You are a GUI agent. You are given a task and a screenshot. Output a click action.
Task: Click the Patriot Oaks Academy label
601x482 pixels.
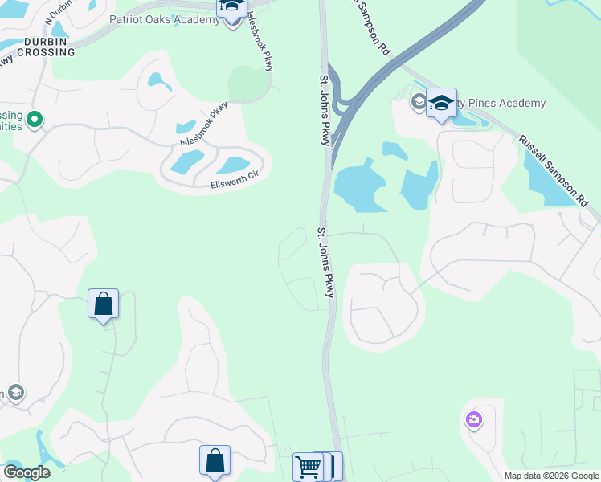point(164,20)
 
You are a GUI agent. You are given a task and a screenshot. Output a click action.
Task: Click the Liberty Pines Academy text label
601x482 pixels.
point(498,104)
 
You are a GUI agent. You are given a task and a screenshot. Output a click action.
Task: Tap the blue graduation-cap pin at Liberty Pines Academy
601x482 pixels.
point(441,104)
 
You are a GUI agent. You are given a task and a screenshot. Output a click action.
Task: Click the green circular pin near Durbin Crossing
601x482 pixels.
point(34,120)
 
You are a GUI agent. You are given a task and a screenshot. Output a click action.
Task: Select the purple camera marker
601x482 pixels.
point(473,419)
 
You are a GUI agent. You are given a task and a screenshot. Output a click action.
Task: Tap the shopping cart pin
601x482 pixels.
point(308,466)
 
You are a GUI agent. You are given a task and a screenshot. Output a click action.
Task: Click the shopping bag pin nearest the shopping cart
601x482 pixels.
point(215,461)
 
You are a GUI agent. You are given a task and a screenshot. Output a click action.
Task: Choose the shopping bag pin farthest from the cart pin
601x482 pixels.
point(104,304)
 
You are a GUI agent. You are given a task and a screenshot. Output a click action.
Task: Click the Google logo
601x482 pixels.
point(27,472)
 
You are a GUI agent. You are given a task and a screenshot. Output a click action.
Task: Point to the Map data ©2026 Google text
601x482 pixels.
point(550,476)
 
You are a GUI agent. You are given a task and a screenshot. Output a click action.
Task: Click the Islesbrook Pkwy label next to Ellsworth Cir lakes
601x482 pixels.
point(203,125)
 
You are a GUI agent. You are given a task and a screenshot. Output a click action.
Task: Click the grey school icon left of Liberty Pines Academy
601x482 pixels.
point(418,101)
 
